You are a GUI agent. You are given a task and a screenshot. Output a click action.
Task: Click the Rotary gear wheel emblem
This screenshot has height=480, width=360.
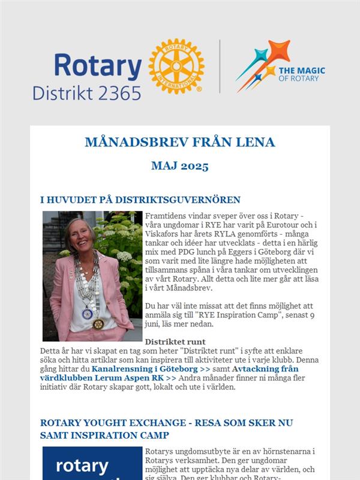coord(176,67)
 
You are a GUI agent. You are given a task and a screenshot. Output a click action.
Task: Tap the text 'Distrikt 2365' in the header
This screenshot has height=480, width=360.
coord(87,92)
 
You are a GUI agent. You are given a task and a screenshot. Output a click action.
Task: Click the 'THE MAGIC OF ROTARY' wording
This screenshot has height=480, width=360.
coord(302,74)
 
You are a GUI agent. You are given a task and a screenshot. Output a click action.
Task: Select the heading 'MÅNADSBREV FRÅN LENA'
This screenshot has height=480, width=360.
coord(180,142)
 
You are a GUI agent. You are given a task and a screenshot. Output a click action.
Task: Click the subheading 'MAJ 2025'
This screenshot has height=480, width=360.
coord(180,166)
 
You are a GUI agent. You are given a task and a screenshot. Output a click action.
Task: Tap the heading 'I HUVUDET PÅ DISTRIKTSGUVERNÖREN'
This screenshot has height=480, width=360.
coord(140,200)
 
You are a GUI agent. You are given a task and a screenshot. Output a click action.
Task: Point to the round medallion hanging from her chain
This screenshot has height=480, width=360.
coord(98,324)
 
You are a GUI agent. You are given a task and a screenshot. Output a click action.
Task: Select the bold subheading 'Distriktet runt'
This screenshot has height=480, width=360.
coord(171,341)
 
